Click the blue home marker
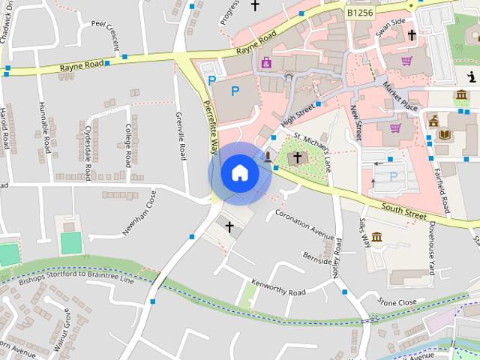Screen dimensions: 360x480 pos(239,173)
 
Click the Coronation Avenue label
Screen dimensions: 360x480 pos(304,223)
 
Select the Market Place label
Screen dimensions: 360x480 pos(400,96)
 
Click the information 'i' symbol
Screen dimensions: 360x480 pos(471,76)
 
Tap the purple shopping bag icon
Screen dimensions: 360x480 pos(266,61)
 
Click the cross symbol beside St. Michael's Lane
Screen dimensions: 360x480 pos(298,157)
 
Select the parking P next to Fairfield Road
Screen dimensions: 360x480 pos(394,177)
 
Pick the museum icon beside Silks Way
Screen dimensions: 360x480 pos(376,237)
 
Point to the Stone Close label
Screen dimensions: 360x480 pos(397,302)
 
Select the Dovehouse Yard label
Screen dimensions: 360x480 pos(439,241)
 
